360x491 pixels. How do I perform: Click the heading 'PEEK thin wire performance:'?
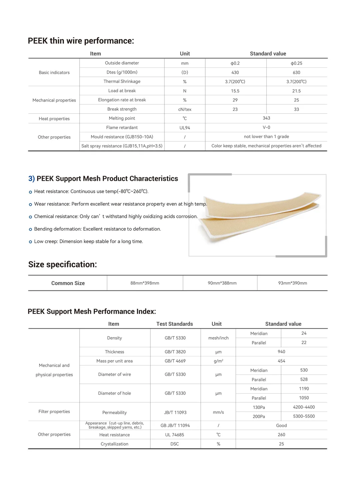coord(81,41)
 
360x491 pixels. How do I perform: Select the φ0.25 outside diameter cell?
coord(296,63)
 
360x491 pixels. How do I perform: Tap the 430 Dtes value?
coord(235,73)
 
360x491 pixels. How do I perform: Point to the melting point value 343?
coord(266,118)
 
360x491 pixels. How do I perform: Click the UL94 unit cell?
coord(185,128)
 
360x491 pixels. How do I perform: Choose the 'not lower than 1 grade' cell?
coord(266,137)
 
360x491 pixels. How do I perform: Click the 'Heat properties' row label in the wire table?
coord(54,119)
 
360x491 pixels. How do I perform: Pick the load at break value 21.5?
coord(296,91)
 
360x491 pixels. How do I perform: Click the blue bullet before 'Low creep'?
coord(30,242)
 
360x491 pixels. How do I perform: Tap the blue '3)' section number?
coord(31,179)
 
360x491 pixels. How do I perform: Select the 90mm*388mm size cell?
coord(222,283)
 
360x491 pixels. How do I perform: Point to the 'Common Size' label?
coord(68,283)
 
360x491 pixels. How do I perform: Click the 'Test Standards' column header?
coord(175,324)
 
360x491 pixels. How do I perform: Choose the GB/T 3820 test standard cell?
coord(175,352)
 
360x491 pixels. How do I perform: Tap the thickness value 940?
coord(281,352)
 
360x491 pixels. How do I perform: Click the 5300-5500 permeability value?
coord(304,416)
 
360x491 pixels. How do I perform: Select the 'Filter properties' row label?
coord(54,412)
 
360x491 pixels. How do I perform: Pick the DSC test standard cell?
coord(175,444)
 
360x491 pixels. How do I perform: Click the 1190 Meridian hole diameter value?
coord(304,389)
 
